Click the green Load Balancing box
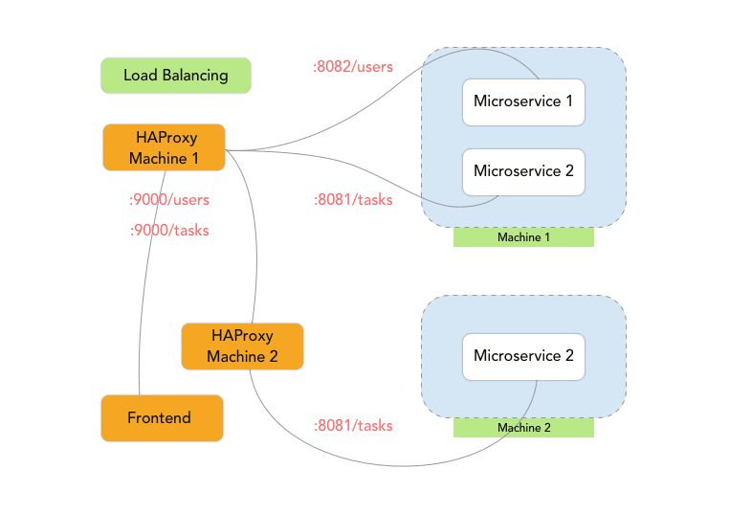(176, 76)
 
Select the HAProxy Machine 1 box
(164, 147)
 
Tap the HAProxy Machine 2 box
(242, 346)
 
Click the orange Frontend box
(162, 418)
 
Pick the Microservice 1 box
(523, 102)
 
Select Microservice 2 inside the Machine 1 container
(523, 172)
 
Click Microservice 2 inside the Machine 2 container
(523, 356)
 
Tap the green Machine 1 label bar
(523, 237)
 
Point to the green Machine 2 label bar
(523, 428)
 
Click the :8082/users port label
(353, 67)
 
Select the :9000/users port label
(169, 200)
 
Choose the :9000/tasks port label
(169, 230)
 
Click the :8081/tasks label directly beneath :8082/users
(353, 200)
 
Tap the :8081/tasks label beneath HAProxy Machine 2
(353, 425)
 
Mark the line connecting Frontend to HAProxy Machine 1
(146, 287)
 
